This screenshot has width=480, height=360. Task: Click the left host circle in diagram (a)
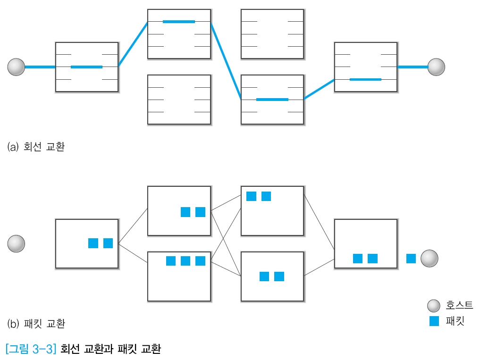point(16,67)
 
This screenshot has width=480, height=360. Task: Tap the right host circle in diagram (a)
point(436,67)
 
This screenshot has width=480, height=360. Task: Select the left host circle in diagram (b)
point(16,244)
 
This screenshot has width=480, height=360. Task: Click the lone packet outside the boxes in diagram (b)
point(411,259)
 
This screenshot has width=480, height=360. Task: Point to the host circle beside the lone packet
point(429,259)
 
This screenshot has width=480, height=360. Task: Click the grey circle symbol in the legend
point(434,306)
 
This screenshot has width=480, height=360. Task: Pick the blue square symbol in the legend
point(434,321)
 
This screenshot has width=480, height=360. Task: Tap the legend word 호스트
point(459,306)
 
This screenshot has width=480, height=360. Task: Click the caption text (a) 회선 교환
point(36,147)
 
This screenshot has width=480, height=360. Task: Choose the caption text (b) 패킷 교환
point(36,324)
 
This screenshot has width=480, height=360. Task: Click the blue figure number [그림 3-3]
point(31,350)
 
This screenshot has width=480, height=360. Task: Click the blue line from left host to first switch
point(40,67)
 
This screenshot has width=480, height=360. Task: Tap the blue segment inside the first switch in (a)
point(86,67)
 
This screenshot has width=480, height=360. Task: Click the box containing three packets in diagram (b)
point(179,276)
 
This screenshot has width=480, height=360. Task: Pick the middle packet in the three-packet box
point(185,261)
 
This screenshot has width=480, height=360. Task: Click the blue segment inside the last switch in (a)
point(365,79)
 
